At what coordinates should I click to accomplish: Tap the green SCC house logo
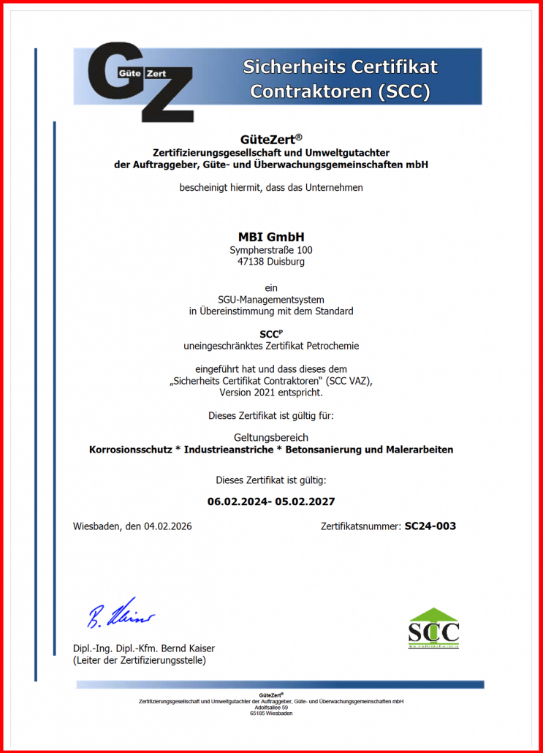(433, 627)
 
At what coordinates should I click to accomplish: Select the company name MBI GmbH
(271, 237)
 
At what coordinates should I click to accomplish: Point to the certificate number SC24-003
(430, 526)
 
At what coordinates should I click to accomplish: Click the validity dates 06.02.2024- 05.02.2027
(271, 502)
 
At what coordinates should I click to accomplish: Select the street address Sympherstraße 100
(271, 250)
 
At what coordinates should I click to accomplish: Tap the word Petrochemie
(333, 346)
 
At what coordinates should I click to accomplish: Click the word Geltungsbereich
(271, 437)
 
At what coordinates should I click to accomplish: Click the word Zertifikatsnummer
(360, 526)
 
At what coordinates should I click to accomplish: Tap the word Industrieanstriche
(230, 450)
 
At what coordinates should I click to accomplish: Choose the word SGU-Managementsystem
(271, 299)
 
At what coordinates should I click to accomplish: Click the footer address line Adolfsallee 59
(271, 708)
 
